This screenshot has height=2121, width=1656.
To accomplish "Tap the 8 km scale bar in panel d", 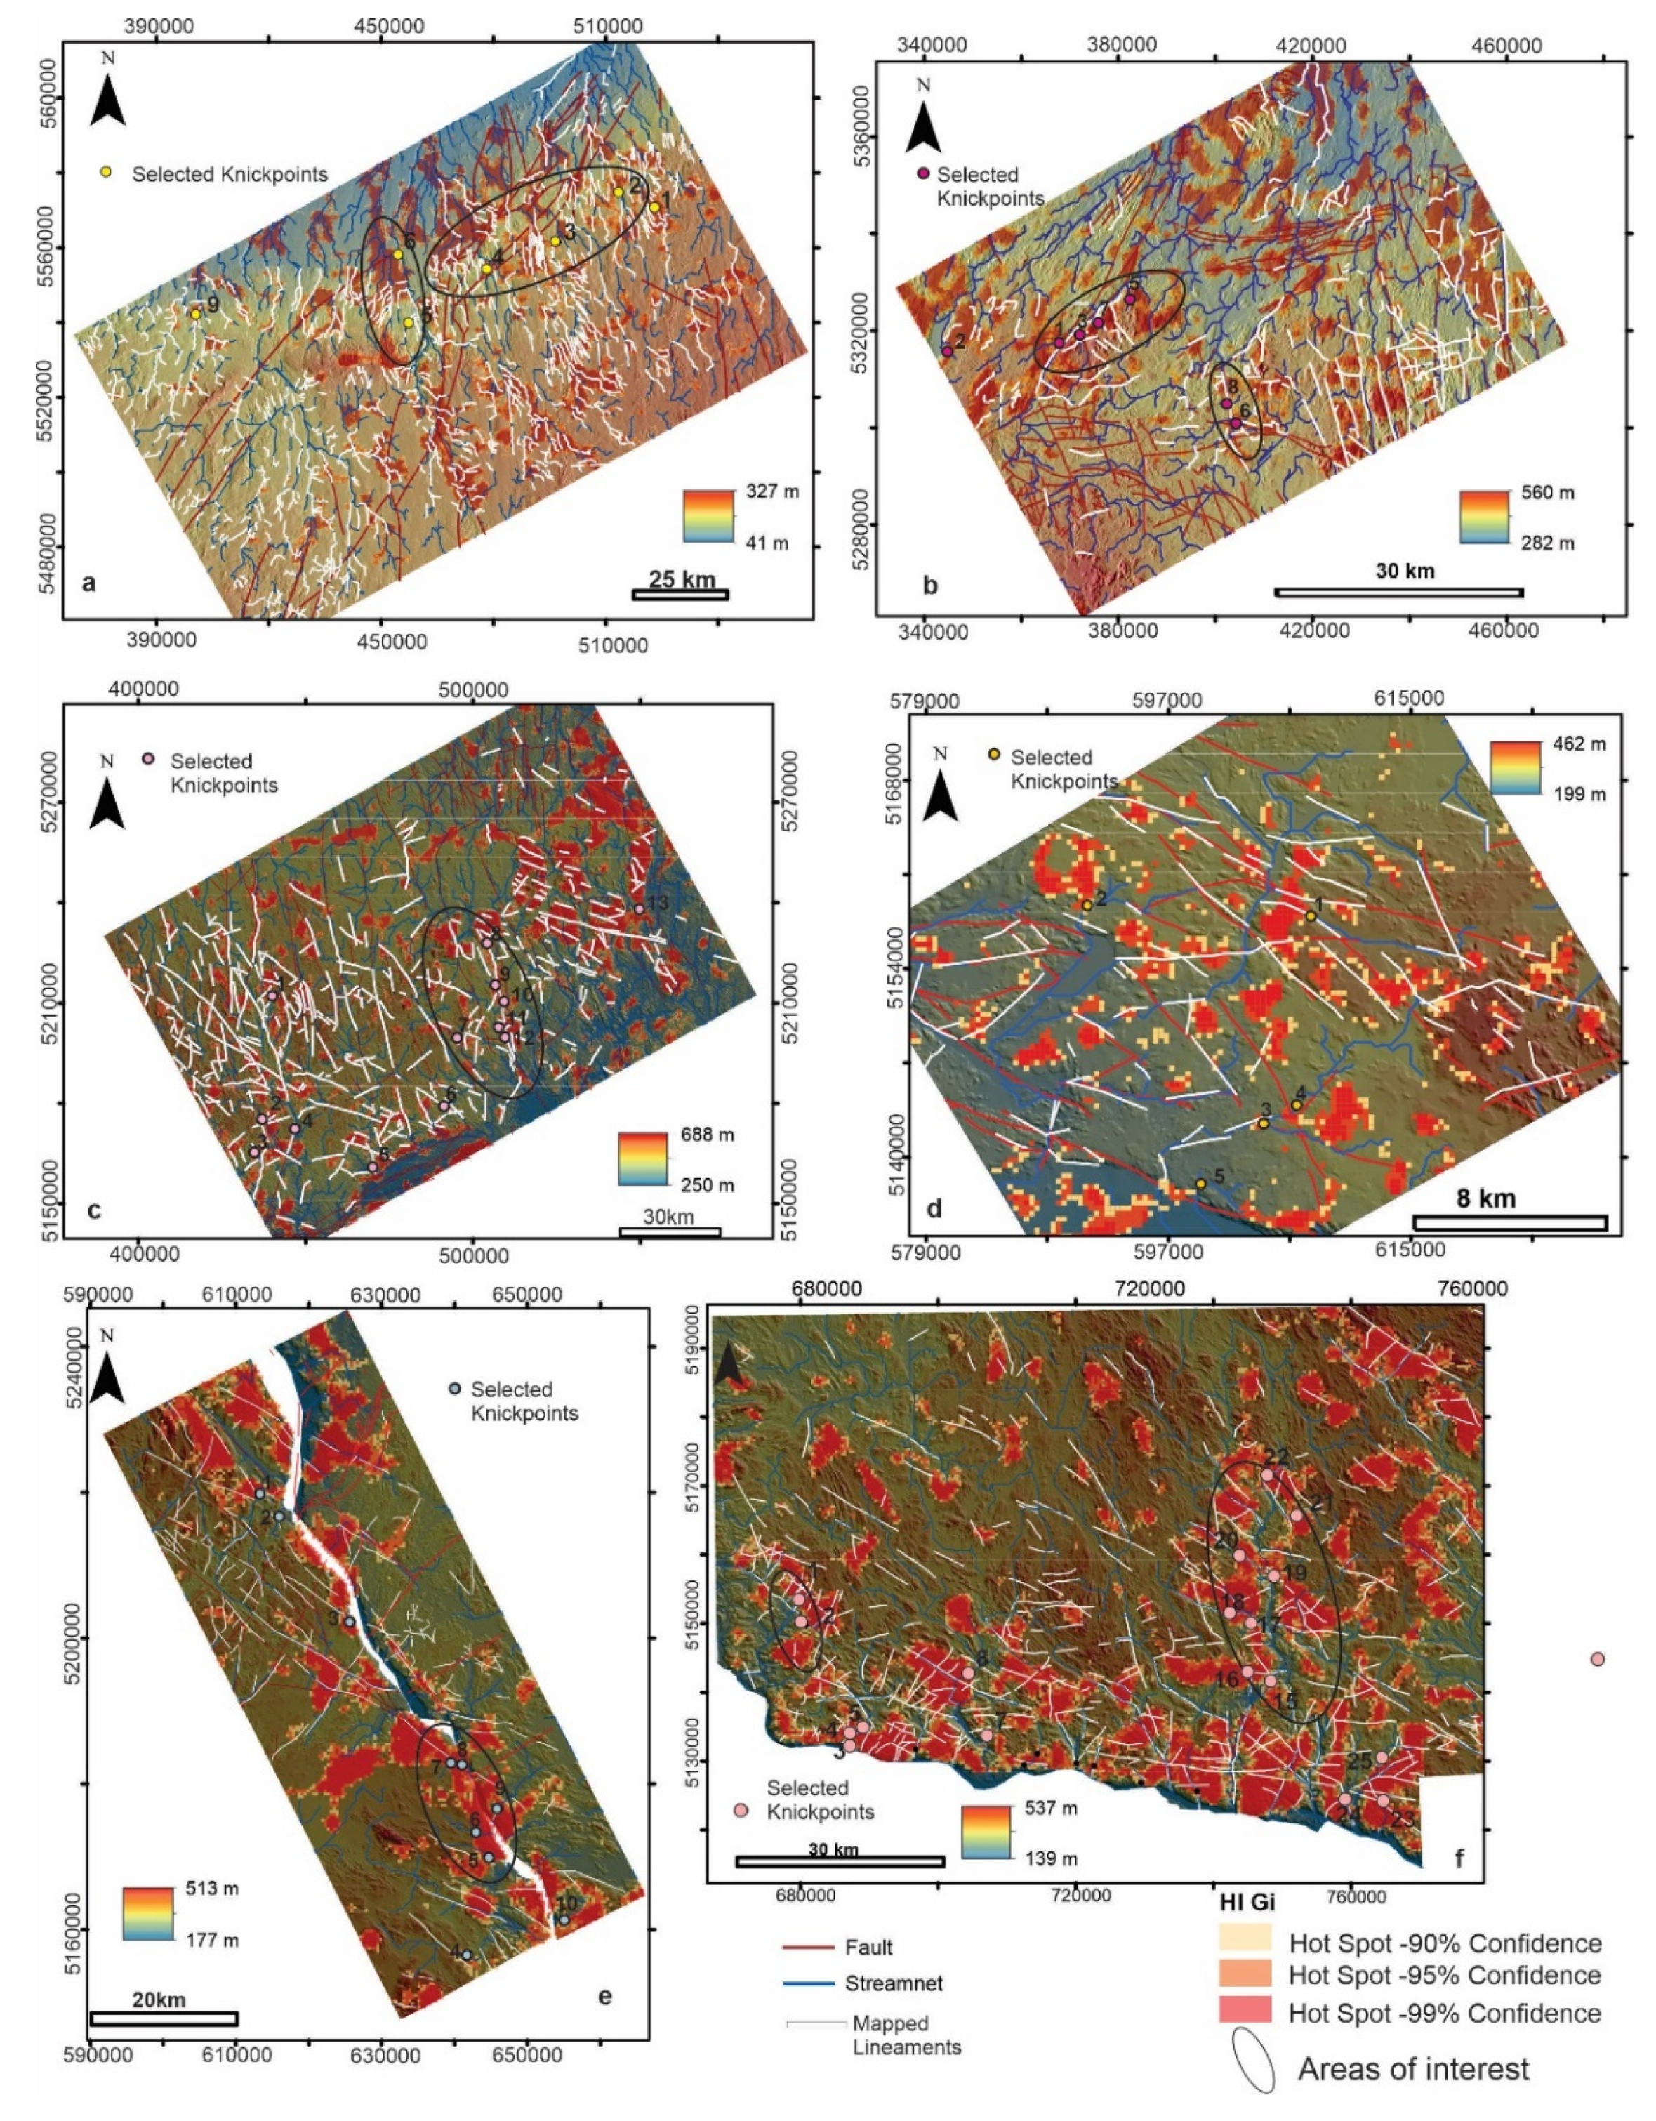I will tap(1509, 1223).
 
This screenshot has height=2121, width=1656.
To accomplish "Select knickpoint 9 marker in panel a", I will tap(195, 314).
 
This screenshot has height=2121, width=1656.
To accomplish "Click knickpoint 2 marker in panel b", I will tap(947, 350).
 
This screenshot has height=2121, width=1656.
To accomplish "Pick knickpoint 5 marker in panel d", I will tap(1200, 1184).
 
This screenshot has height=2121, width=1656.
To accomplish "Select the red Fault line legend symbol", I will tap(808, 1947).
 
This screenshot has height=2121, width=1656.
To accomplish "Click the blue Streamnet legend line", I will tap(808, 1984).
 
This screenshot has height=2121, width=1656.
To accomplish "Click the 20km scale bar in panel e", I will tap(163, 2017).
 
